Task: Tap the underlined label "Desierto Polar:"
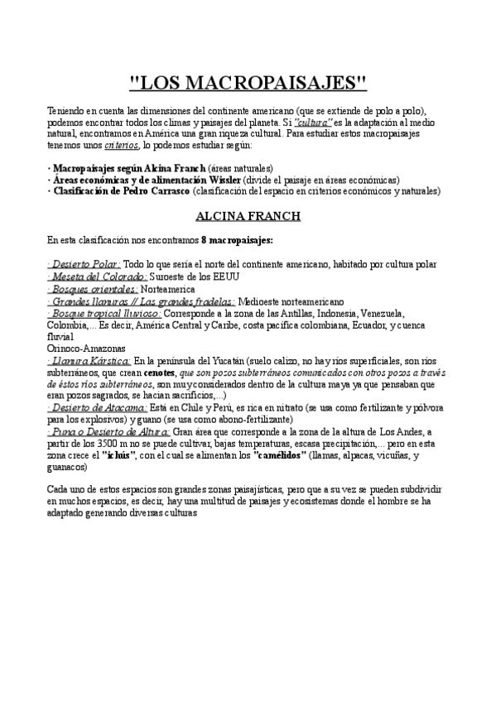tap(84, 263)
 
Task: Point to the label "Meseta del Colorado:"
tap(98, 276)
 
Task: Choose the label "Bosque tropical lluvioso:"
tap(104, 314)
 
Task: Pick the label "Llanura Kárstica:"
tap(89, 361)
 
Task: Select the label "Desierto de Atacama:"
tap(97, 408)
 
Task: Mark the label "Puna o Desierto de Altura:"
tap(108, 431)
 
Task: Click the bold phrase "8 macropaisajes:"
tap(237, 240)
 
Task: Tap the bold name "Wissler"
tap(225, 179)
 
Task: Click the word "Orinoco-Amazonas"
tap(84, 349)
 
